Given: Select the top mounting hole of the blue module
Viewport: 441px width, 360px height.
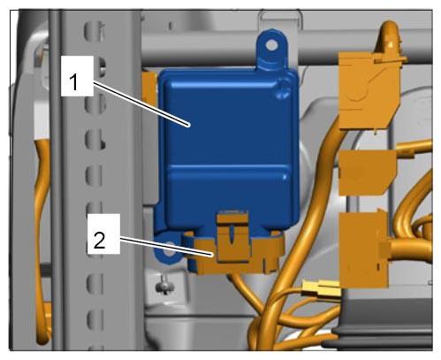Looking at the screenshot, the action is pos(271,45).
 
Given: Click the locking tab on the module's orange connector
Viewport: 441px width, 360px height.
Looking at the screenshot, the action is pos(232,236).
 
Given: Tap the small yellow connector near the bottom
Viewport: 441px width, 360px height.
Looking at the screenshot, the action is pos(321,288).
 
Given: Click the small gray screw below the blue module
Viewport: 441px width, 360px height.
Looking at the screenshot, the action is pos(164,286).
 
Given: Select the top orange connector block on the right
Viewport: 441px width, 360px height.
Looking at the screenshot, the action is pos(369,90).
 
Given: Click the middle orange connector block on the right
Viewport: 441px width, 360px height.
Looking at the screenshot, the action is pos(367,172).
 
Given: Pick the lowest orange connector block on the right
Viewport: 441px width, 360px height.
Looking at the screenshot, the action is pos(364,249).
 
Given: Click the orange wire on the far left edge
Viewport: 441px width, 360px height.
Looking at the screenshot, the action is pos(42,236).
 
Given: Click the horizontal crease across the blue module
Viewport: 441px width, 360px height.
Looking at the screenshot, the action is pos(227,167).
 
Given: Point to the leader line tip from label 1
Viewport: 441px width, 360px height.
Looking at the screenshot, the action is pos(189,126).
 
